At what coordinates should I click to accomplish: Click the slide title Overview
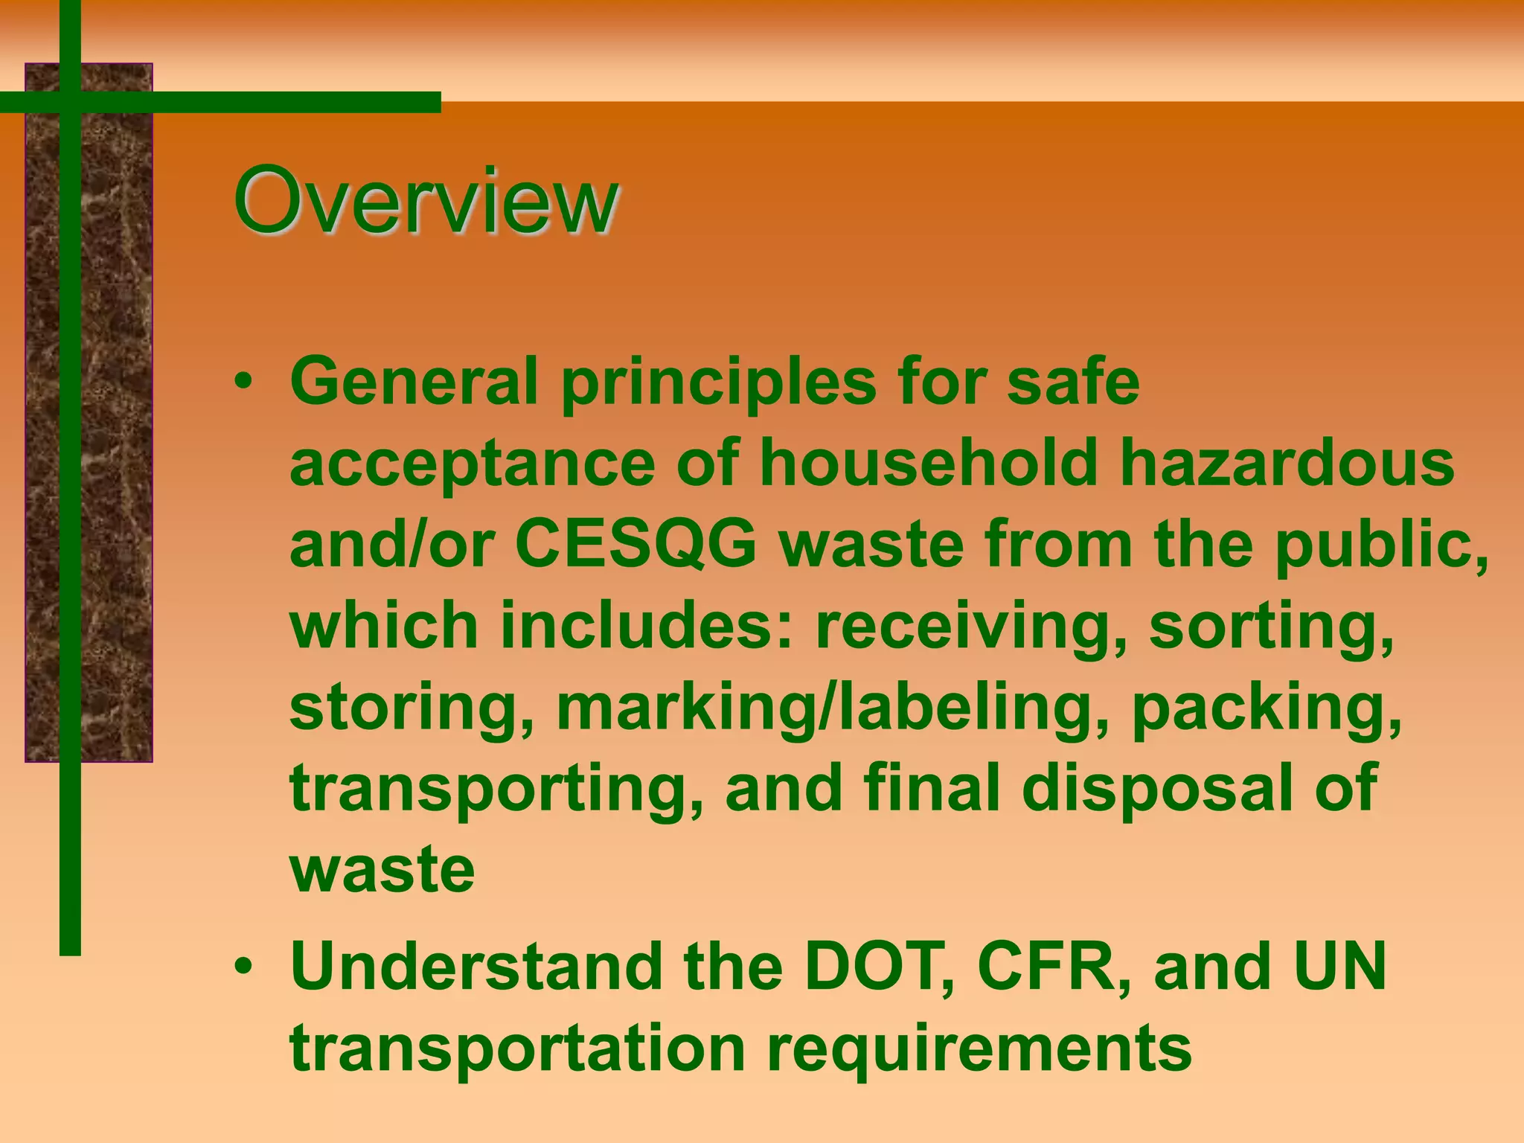[425, 201]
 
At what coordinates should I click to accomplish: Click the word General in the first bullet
[413, 382]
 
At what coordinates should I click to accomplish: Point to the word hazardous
[1287, 463]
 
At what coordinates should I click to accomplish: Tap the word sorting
[1271, 627]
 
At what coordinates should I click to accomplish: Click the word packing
[1266, 709]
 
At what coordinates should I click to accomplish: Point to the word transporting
[496, 790]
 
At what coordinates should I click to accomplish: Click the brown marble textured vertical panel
[112, 446]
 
